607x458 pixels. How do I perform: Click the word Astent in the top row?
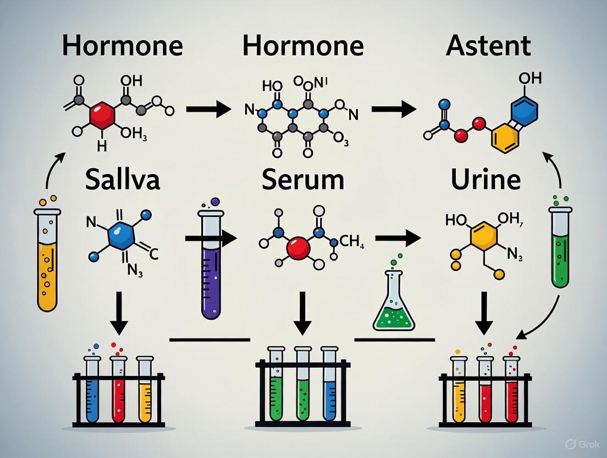(488, 46)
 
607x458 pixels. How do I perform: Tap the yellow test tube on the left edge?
(47, 259)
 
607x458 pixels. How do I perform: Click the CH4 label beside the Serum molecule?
(353, 241)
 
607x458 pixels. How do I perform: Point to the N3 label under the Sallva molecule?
(136, 271)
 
